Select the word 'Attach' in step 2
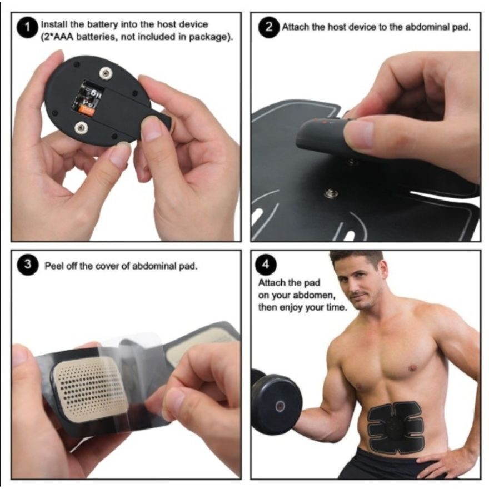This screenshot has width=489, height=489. [x=294, y=27]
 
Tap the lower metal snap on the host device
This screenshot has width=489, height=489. [x=82, y=129]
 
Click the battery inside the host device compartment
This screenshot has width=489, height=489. [x=86, y=99]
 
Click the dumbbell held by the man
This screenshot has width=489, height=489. [x=276, y=403]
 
